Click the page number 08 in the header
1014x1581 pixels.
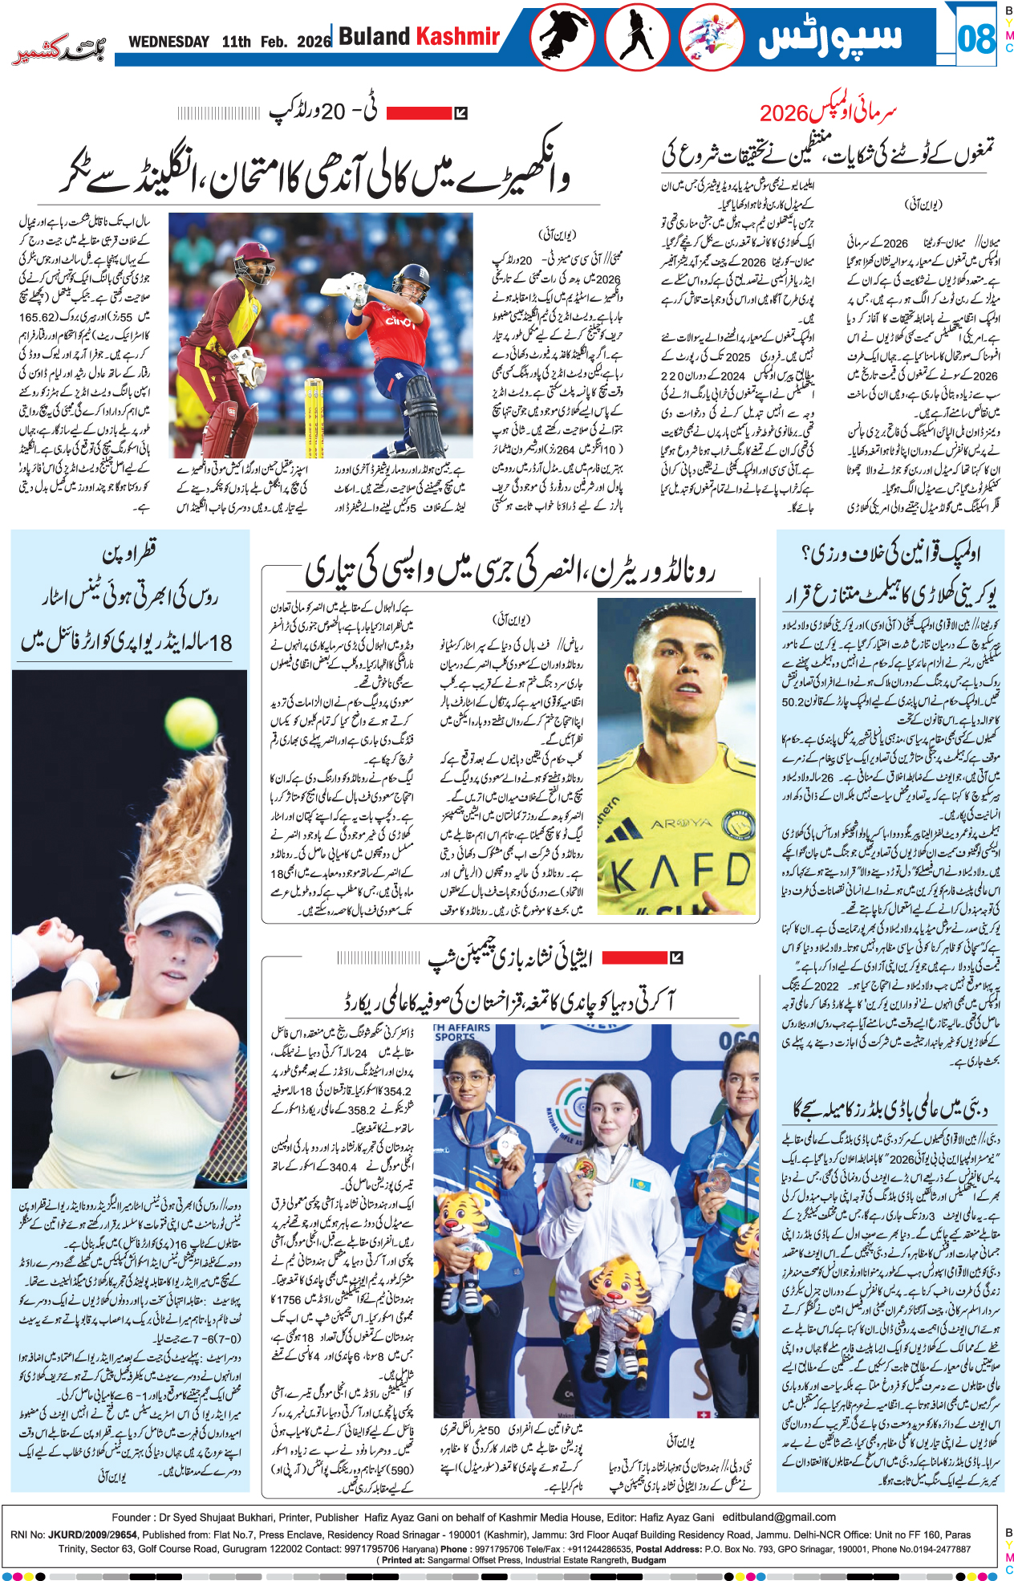point(975,38)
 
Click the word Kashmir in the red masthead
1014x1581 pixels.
point(457,36)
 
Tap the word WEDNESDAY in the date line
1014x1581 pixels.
point(168,42)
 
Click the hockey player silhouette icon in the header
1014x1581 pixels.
point(637,37)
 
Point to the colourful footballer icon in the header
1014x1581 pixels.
point(711,37)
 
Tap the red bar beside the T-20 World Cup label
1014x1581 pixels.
point(419,113)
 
